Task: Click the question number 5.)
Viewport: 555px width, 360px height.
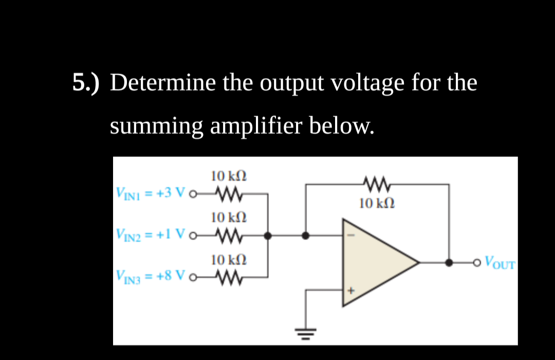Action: click(86, 83)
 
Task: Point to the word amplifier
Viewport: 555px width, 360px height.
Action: click(259, 125)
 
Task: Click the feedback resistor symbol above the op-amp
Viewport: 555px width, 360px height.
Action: click(378, 184)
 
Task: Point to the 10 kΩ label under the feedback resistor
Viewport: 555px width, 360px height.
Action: click(378, 203)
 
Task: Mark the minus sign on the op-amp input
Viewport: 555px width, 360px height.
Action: click(352, 236)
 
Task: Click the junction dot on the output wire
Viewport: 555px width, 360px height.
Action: click(450, 263)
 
